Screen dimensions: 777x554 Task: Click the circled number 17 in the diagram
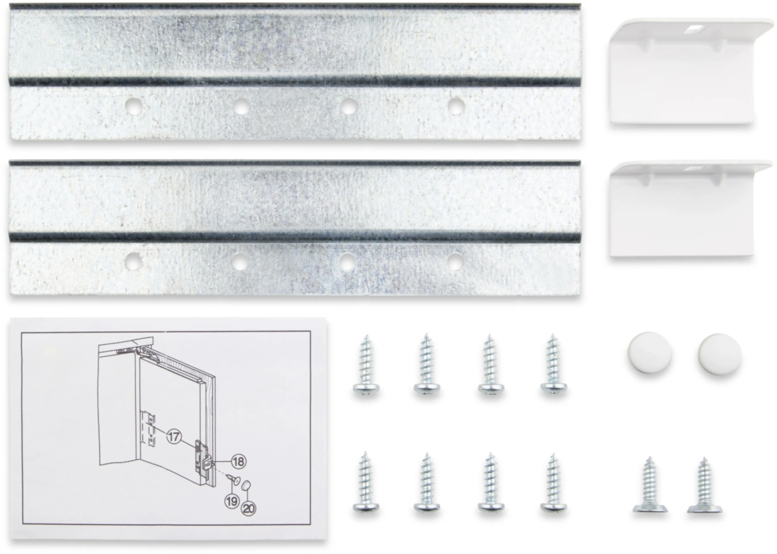(174, 437)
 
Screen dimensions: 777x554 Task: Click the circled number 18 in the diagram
(238, 461)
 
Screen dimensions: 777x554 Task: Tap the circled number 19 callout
(232, 501)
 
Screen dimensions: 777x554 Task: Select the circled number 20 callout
(249, 508)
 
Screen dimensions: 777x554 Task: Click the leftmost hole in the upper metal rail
(132, 105)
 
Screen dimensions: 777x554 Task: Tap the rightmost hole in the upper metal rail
(455, 105)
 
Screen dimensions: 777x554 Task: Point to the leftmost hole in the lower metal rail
(132, 261)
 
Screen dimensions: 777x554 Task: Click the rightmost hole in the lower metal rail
(455, 261)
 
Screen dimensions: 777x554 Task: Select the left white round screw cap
(649, 352)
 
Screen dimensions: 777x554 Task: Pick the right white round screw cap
(720, 353)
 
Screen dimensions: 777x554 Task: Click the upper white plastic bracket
(689, 72)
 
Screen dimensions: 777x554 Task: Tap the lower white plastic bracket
(689, 211)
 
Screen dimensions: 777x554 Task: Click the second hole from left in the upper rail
(241, 106)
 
